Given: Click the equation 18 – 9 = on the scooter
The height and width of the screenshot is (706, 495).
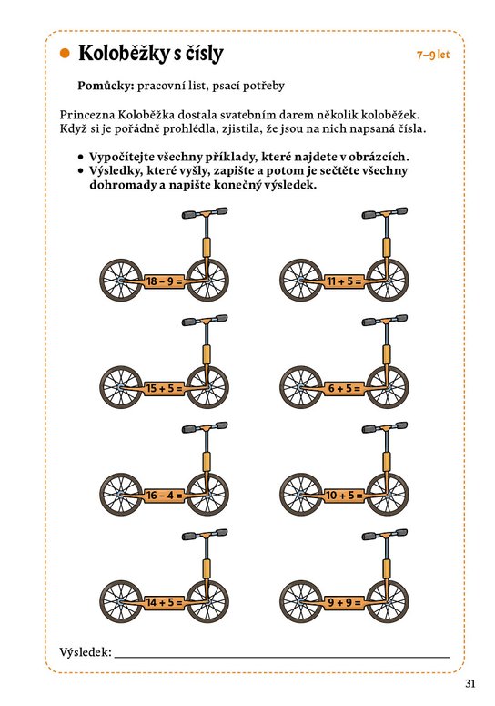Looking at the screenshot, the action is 164,281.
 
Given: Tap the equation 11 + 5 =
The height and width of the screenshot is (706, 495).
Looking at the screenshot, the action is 344,281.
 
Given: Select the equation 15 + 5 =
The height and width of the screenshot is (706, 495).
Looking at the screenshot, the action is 164,388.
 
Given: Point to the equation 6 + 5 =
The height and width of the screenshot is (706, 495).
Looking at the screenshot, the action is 344,388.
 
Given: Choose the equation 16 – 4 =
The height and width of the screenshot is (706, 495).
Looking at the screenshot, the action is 164,496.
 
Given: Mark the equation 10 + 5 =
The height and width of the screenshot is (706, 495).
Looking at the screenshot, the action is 344,496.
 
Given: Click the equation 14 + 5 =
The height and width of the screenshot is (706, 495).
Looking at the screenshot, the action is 164,602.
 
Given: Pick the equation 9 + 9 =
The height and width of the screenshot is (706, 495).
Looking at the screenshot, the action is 344,602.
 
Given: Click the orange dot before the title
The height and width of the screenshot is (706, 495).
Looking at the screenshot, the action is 66,54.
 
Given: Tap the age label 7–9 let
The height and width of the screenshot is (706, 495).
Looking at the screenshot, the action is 433,55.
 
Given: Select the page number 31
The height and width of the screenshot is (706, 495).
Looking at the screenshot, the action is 470,683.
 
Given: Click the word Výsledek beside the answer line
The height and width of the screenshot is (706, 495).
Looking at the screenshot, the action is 86,651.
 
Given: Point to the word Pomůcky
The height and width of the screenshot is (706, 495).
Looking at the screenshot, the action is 106,86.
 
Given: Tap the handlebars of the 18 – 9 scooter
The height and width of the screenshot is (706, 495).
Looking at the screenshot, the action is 205,213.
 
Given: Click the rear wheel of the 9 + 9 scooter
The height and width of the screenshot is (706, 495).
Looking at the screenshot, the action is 301,601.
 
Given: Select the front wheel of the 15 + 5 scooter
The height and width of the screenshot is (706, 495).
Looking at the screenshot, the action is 207,388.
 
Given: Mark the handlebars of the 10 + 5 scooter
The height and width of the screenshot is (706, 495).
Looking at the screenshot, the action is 385,427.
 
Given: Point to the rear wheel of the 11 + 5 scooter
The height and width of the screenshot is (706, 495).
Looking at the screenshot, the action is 301,281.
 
